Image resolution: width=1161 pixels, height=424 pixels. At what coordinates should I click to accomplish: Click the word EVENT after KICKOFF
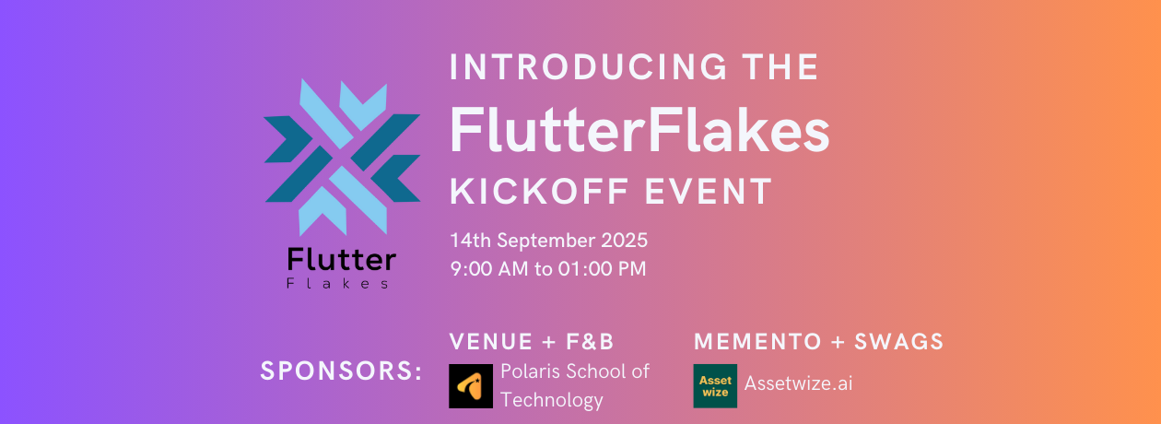(719, 191)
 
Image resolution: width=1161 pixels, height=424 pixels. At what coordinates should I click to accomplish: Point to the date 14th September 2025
(549, 241)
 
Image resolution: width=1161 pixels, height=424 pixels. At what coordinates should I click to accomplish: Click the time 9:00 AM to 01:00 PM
(548, 270)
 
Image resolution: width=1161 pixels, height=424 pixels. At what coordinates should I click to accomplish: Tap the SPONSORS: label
(341, 371)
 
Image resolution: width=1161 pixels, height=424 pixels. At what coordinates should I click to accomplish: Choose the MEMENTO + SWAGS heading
(819, 342)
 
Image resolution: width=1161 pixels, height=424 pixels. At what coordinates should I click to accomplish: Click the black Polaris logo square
(471, 386)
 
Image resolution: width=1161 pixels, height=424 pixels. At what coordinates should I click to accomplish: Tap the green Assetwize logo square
(715, 386)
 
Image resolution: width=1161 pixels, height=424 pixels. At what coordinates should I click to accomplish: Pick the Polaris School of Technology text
(575, 385)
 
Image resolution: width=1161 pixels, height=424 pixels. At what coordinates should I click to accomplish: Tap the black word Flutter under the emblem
(341, 260)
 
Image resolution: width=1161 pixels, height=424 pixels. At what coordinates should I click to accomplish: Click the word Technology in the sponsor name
(552, 400)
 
